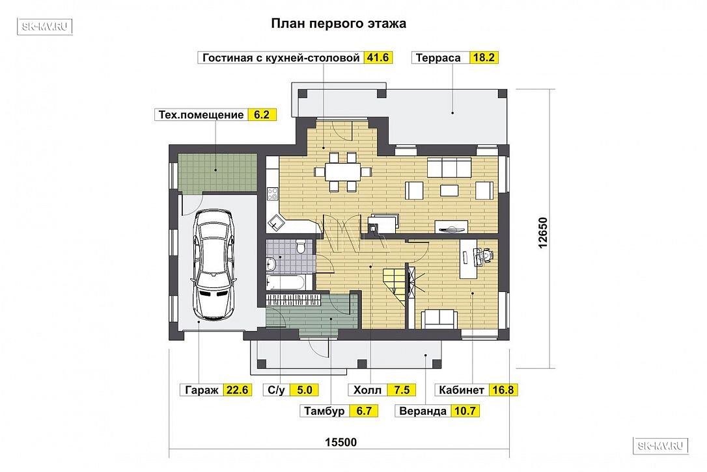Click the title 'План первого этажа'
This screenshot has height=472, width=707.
pyautogui.click(x=338, y=23)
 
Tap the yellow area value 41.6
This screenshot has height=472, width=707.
pyautogui.click(x=378, y=58)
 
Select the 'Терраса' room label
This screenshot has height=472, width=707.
pyautogui.click(x=438, y=58)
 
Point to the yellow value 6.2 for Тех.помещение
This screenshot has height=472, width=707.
pyautogui.click(x=262, y=115)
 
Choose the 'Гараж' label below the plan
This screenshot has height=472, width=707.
pyautogui.click(x=202, y=390)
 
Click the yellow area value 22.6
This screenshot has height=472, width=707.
pyautogui.click(x=237, y=390)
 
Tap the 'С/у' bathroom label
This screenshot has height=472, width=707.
pyautogui.click(x=276, y=390)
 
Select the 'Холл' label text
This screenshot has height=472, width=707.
pyautogui.click(x=367, y=390)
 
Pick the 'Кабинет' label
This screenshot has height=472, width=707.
pyautogui.click(x=462, y=390)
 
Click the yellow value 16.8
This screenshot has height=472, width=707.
pyautogui.click(x=503, y=390)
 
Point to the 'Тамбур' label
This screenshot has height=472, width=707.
pyautogui.click(x=324, y=411)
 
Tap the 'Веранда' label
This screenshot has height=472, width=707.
pyautogui.click(x=423, y=411)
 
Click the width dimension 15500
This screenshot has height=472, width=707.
pyautogui.click(x=341, y=442)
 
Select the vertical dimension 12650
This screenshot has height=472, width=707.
pyautogui.click(x=542, y=232)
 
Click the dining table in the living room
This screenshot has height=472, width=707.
pyautogui.click(x=343, y=172)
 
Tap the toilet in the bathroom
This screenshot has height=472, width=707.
pyautogui.click(x=301, y=246)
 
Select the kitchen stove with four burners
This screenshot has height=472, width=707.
pyautogui.click(x=273, y=194)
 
